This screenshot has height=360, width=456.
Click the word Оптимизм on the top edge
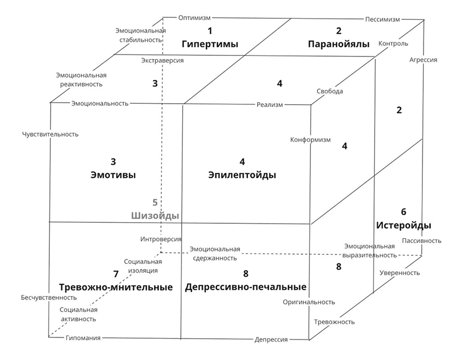coord(194,18)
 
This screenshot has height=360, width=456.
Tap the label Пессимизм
coord(383,19)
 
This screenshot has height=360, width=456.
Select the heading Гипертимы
coord(210,44)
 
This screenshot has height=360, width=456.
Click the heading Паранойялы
coord(339,44)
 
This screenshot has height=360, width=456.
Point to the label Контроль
coord(393,44)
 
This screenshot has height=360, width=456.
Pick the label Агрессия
coord(423,60)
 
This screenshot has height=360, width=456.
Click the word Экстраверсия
coord(162,61)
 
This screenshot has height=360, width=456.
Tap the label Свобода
coord(330,91)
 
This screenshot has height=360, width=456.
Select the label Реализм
coord(270,105)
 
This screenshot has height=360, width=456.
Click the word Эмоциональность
coord(100,103)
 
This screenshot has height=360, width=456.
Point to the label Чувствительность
coord(50,134)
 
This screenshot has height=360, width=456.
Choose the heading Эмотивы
coord(113,175)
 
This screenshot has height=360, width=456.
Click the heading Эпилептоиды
coord(242,175)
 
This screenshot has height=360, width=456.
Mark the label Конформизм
coord(310,140)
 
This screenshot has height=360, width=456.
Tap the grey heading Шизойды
coord(155,216)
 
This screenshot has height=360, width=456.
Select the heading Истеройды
coord(404,225)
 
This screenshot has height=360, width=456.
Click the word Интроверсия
coord(161,239)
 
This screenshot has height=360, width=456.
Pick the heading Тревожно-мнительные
coord(116,287)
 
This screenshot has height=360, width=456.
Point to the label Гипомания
coord(83,338)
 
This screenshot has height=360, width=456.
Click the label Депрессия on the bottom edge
coord(271,340)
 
